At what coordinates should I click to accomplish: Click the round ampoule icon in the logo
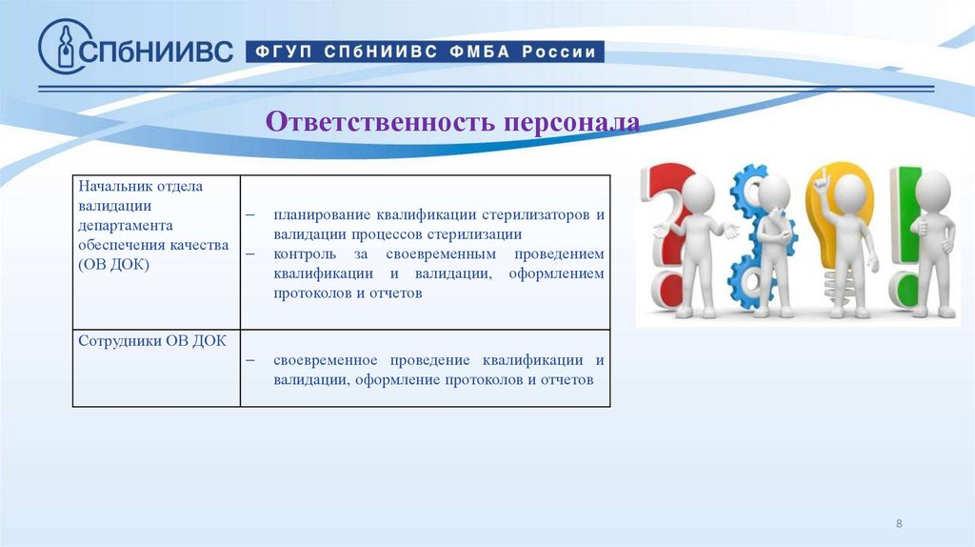pyautogui.click(x=65, y=47)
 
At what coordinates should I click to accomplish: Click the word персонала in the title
pyautogui.click(x=573, y=122)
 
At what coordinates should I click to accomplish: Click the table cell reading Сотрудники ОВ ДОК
pyautogui.click(x=152, y=341)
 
